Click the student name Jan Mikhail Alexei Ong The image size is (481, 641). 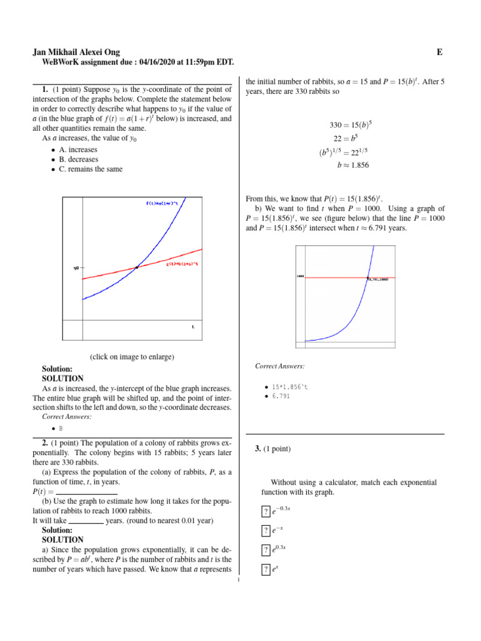coord(76,53)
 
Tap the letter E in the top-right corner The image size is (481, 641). coord(440,53)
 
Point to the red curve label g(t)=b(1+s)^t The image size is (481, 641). coord(182,264)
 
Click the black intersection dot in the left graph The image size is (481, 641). coord(137,268)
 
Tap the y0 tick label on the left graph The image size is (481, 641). coord(76,268)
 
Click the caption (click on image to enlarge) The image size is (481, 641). coord(132,357)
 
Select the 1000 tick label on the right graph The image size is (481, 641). coord(300,276)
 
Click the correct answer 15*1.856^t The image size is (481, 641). coord(289,387)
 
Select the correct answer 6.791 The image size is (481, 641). coord(281,396)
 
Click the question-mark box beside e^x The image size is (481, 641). coord(266,570)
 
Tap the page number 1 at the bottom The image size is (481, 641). coord(240,585)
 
